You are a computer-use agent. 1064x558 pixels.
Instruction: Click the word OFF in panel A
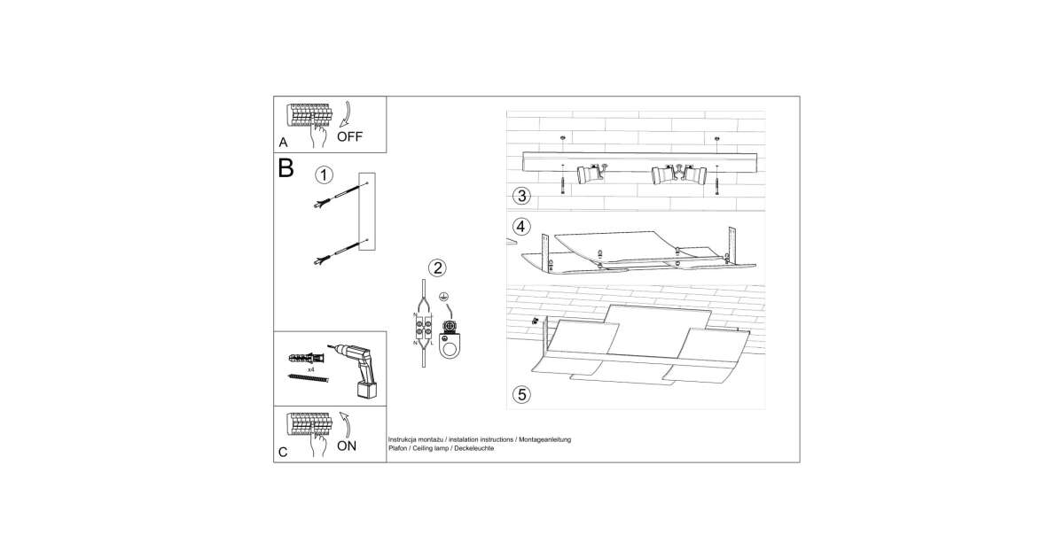coord(349,136)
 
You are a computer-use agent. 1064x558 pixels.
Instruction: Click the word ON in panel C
coord(347,446)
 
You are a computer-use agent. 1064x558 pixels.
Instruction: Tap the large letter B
coord(286,167)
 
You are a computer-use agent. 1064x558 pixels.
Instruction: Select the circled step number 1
coord(324,175)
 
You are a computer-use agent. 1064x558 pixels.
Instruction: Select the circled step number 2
coord(437,268)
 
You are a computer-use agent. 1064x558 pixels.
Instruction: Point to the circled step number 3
coord(522,196)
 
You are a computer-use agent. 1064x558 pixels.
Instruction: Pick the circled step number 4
coord(520,227)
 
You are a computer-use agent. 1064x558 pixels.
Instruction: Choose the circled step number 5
coord(522,395)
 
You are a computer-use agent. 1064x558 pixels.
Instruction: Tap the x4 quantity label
coord(311,369)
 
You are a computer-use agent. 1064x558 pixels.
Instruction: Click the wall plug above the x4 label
coord(307,357)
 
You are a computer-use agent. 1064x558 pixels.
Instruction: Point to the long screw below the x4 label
coord(309,377)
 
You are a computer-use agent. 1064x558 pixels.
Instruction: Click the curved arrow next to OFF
coord(347,114)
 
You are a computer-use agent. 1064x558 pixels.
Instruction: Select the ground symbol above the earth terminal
coord(443,297)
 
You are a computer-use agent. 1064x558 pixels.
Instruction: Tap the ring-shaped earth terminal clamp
coord(449,345)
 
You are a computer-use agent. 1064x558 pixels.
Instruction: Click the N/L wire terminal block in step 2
coord(423,328)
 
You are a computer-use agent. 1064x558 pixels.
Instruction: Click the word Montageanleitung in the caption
coord(544,440)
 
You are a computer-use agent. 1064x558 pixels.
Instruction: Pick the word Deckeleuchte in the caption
coord(474,448)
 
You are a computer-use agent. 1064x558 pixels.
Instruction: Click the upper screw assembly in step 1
coord(340,195)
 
